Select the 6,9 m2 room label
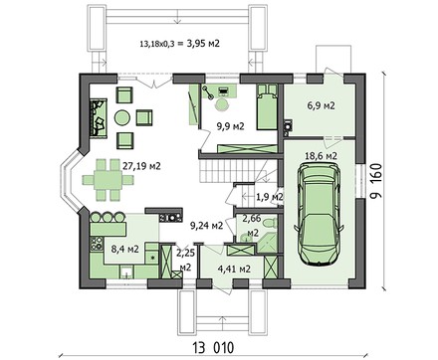coord(319,103)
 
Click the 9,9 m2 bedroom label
coord(231,125)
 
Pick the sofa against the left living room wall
coord(100,118)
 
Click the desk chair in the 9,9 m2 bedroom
coord(222,106)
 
